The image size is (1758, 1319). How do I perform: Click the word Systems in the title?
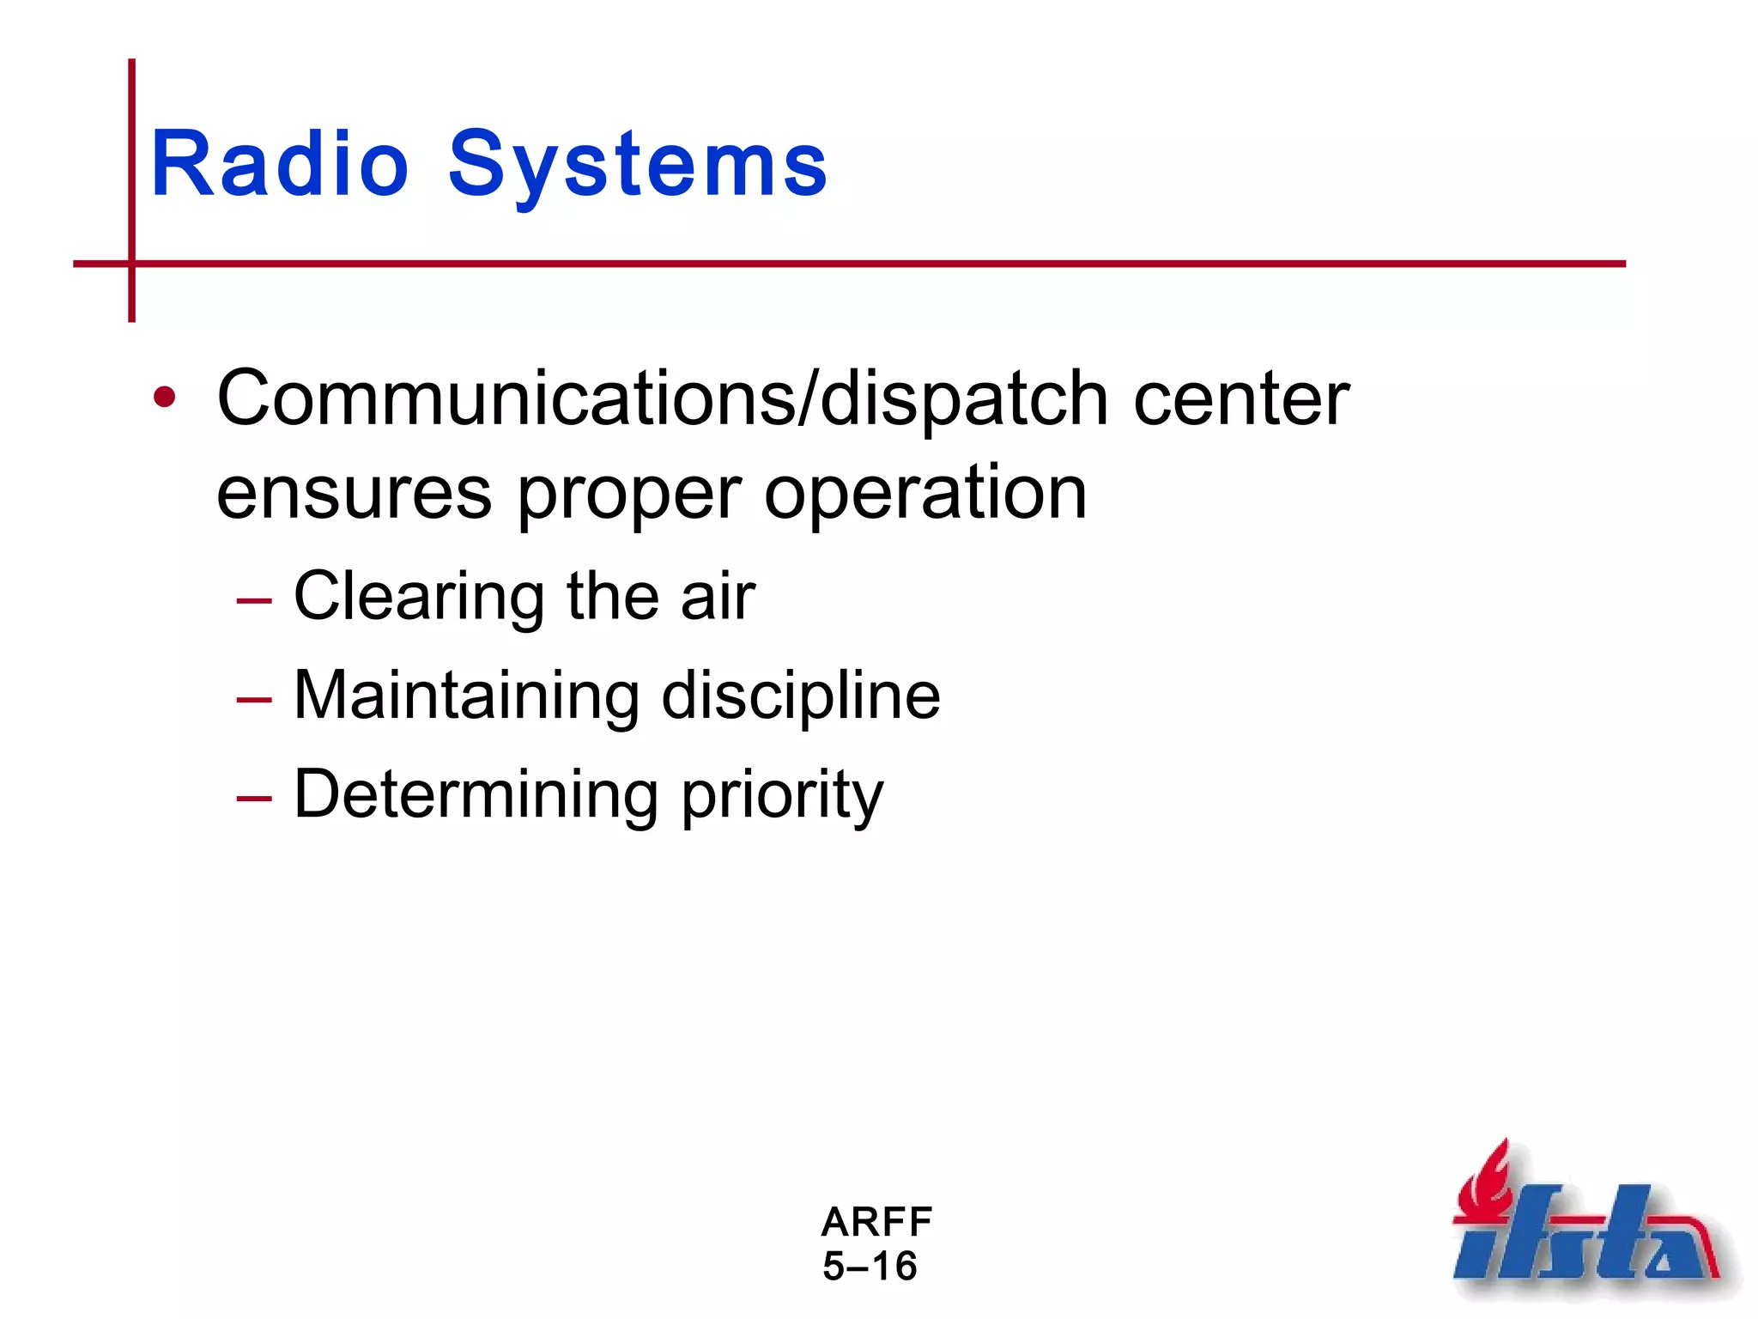point(637,165)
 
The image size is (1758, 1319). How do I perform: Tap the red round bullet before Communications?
point(164,398)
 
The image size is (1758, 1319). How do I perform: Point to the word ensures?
point(354,494)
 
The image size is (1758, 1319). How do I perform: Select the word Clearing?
point(419,597)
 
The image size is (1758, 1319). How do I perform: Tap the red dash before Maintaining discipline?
point(254,700)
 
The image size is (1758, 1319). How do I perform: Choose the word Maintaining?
point(466,696)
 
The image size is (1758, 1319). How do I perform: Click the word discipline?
point(800,696)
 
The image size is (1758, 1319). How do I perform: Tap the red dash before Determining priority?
point(254,799)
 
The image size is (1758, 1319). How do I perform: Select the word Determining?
point(476,794)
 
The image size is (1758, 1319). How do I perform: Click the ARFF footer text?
point(876,1221)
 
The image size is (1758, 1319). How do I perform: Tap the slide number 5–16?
point(870,1267)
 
